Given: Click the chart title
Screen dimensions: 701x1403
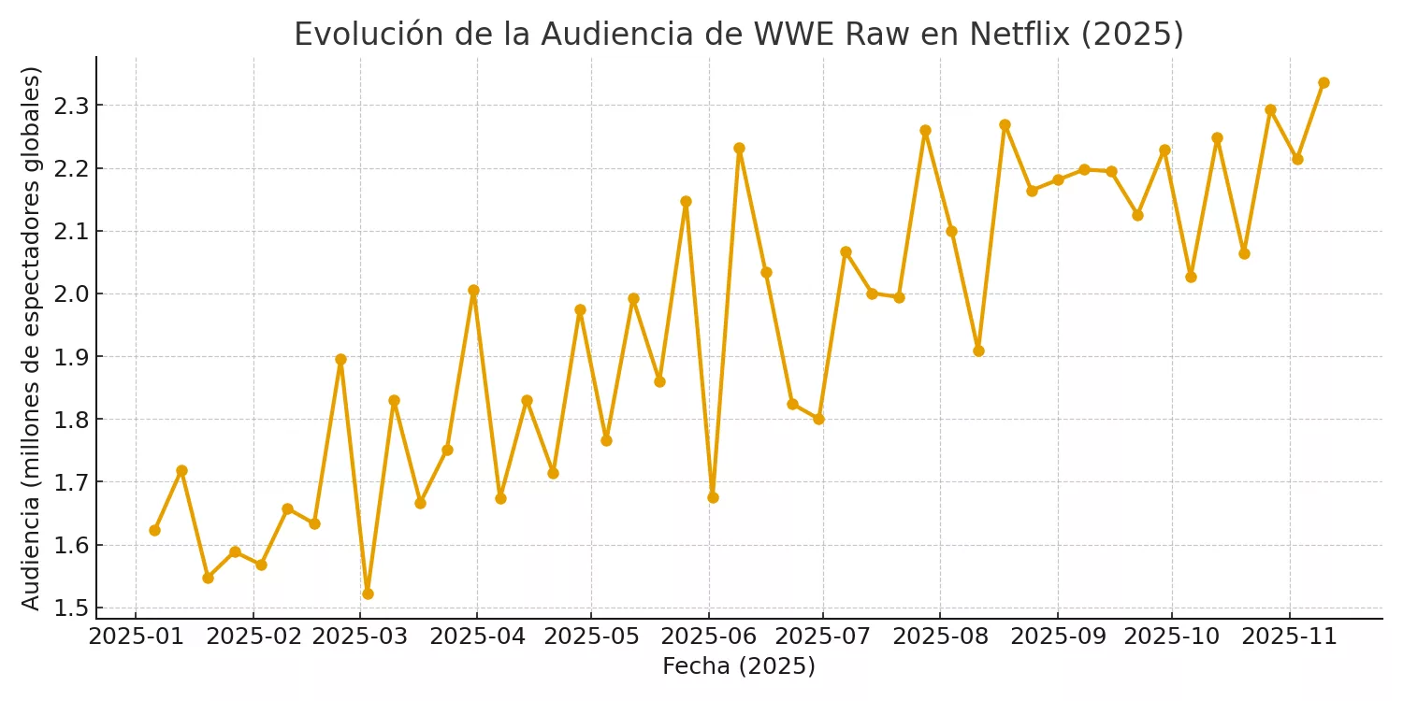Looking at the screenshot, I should tap(738, 35).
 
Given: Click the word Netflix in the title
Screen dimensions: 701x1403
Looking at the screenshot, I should tap(1019, 35).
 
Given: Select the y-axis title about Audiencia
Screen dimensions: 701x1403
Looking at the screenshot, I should tap(32, 337).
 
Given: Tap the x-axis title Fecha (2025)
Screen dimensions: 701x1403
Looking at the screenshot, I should tap(738, 666).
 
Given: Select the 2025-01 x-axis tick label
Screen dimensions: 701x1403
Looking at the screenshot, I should tap(136, 637).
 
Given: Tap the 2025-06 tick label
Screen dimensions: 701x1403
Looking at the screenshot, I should tap(708, 637).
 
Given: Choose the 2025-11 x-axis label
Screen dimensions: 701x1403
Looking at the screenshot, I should tap(1290, 637).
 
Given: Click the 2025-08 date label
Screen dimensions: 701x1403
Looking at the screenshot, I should tap(939, 637).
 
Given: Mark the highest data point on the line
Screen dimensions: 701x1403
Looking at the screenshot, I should tap(1323, 82).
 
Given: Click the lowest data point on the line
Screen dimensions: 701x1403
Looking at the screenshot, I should tap(368, 594).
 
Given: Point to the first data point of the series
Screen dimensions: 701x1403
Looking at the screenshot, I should tap(154, 530).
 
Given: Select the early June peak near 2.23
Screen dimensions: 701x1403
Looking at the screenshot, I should tap(739, 148).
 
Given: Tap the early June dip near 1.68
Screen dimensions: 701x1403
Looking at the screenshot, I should tap(713, 497).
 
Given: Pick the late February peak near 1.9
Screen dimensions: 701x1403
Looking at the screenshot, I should tap(340, 359).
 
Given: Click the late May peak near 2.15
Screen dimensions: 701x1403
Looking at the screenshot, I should tap(686, 201).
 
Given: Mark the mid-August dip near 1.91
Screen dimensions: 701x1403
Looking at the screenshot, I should tap(978, 350).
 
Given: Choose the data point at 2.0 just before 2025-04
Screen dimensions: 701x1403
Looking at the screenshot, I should tap(473, 290).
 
